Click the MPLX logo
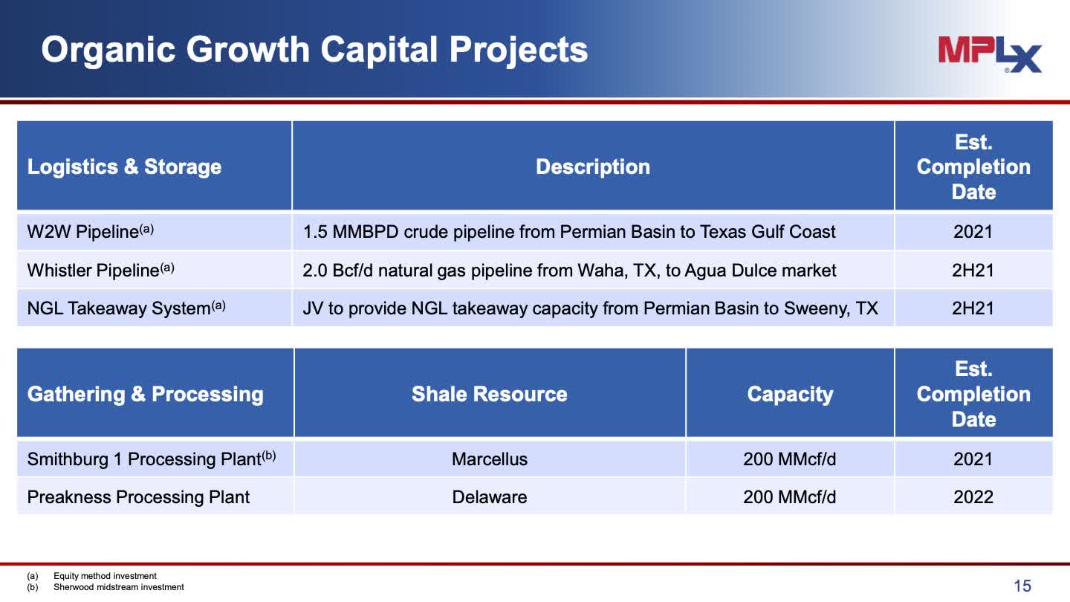pyautogui.click(x=990, y=54)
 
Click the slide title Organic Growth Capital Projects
pyautogui.click(x=314, y=50)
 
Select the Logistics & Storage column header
pyautogui.click(x=124, y=166)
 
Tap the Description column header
pyautogui.click(x=593, y=166)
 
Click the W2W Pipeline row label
pyautogui.click(x=91, y=231)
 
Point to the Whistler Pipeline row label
pyautogui.click(x=100, y=270)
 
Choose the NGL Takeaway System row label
pyautogui.click(x=126, y=308)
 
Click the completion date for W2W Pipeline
pyautogui.click(x=973, y=232)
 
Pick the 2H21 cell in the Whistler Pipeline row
pyautogui.click(x=973, y=270)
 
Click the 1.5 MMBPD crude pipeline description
pyautogui.click(x=569, y=232)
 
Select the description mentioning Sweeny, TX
pyautogui.click(x=591, y=308)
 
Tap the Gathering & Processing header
pyautogui.click(x=145, y=394)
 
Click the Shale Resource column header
pyautogui.click(x=490, y=394)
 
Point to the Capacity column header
pyautogui.click(x=790, y=395)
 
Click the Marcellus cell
pyautogui.click(x=490, y=459)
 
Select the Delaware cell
pyautogui.click(x=490, y=497)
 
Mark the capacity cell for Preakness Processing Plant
pyautogui.click(x=790, y=497)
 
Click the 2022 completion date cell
pyautogui.click(x=973, y=497)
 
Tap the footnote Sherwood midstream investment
pyautogui.click(x=118, y=587)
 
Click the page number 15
pyautogui.click(x=1022, y=586)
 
